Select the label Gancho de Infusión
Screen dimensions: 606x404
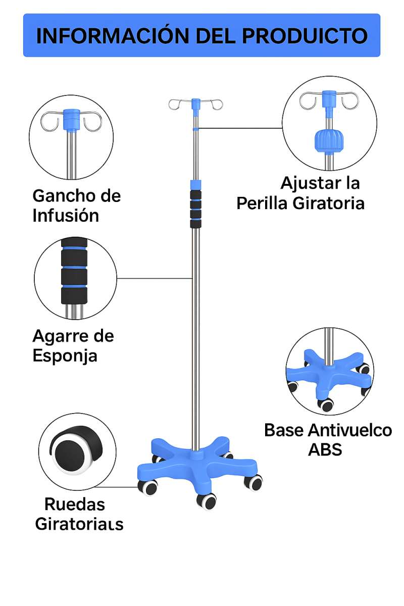76,206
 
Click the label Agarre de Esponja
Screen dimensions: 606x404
73,345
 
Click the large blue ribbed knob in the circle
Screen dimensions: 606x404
328,141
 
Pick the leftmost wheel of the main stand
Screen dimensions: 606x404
147,487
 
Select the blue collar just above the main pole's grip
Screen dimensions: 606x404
195,183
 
